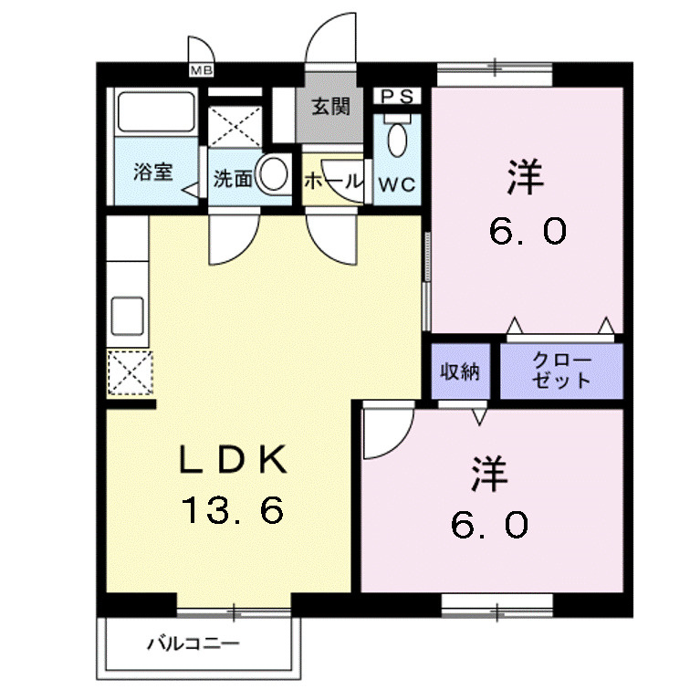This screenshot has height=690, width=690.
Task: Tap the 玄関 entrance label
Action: click(x=331, y=108)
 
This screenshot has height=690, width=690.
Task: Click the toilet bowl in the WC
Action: click(x=397, y=141)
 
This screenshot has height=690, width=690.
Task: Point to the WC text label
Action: click(x=397, y=184)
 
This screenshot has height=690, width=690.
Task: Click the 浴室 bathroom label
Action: click(x=152, y=172)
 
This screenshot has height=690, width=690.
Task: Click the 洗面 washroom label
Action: click(x=232, y=179)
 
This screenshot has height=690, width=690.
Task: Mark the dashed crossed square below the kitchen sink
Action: click(x=128, y=372)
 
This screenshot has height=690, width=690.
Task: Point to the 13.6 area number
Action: click(x=232, y=509)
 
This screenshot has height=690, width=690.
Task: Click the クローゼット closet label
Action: click(x=560, y=371)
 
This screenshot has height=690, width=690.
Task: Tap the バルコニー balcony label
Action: click(x=193, y=644)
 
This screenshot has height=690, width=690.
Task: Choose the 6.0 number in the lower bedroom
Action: click(x=489, y=524)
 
